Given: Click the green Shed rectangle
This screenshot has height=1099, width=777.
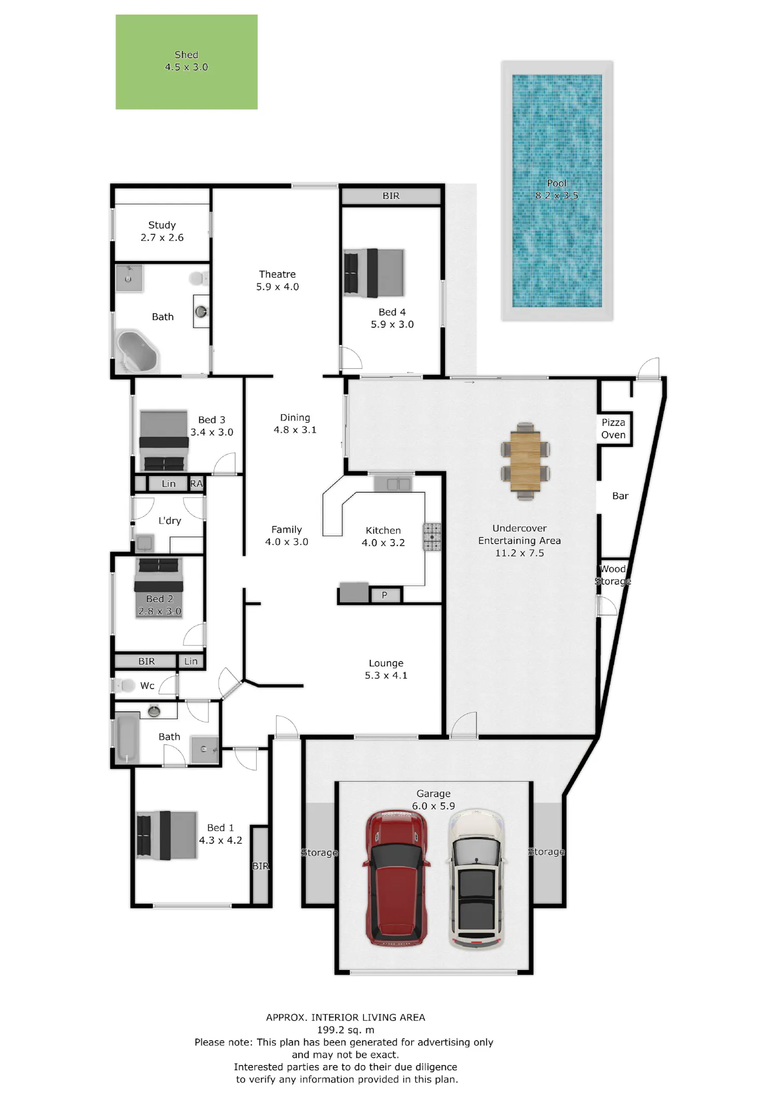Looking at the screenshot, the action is coord(186,62).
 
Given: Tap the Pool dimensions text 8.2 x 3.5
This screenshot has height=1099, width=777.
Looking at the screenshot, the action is coord(557,195).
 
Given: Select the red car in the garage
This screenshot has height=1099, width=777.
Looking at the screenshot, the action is coord(397,877).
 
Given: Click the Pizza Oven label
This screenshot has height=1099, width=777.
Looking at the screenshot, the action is coord(613,429).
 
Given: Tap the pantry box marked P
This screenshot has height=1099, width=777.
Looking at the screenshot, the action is coord(385,595).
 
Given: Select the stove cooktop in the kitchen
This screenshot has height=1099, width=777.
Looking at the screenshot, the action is coord(432,537).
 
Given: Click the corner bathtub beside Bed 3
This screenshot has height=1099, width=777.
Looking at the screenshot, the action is coord(137,352).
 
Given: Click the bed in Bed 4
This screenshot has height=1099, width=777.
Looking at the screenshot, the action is coord(374,273).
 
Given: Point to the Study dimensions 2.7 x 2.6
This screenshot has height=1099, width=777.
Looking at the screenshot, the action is coord(162,238).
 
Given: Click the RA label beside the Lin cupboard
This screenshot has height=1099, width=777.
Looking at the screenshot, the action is coord(196,484).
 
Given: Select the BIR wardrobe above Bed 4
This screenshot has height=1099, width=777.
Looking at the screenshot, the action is coord(391,196).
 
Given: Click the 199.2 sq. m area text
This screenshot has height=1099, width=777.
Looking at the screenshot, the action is coord(346,1030).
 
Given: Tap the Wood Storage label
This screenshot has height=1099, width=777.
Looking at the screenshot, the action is coord(613,575).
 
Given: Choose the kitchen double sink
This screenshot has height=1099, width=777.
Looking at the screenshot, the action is coord(394,484).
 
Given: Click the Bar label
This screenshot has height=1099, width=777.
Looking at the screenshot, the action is coord(620,496).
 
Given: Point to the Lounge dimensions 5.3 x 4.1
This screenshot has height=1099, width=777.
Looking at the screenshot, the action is coord(386,675).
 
